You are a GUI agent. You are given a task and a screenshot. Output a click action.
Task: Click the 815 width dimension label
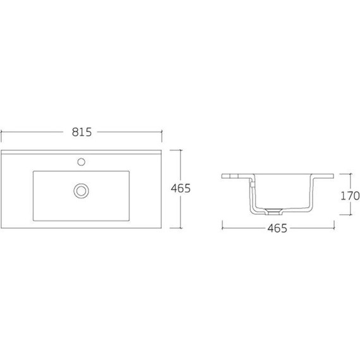tap(81, 132)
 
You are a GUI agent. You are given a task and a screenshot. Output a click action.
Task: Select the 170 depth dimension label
tap(350, 196)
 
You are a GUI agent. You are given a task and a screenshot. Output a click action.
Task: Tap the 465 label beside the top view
tap(181, 188)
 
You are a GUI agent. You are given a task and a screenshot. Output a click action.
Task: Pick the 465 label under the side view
tap(277, 228)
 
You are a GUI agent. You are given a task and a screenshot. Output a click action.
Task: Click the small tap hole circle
tap(81, 162)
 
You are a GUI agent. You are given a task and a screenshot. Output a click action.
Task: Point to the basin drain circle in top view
tap(81, 191)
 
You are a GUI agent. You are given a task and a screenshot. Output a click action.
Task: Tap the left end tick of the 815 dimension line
tap(1, 132)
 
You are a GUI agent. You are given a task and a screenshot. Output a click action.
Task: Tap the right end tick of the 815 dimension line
tap(162, 132)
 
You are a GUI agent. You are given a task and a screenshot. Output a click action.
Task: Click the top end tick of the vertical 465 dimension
tap(181, 150)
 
